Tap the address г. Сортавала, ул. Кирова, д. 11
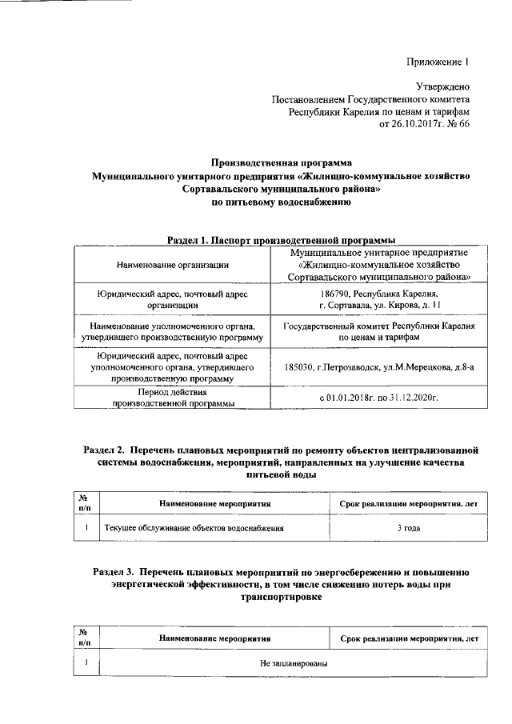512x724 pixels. click(378, 305)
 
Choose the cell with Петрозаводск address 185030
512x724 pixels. click(378, 367)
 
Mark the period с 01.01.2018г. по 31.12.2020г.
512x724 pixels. click(378, 398)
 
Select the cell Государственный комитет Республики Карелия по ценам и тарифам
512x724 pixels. click(378, 332)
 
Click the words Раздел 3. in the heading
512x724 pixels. click(115, 573)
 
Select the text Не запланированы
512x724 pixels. click(288, 663)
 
